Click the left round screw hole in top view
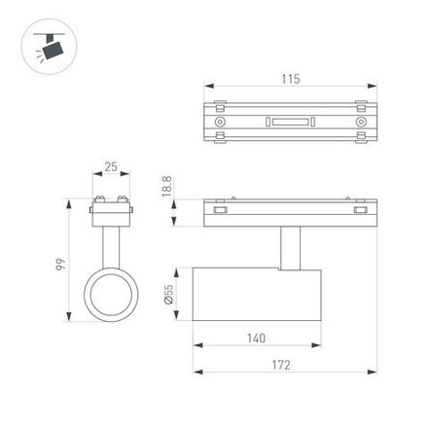click(x=221, y=123)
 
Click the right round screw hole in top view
click(x=360, y=123)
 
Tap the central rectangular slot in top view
click(x=290, y=123)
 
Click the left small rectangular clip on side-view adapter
click(x=221, y=208)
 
